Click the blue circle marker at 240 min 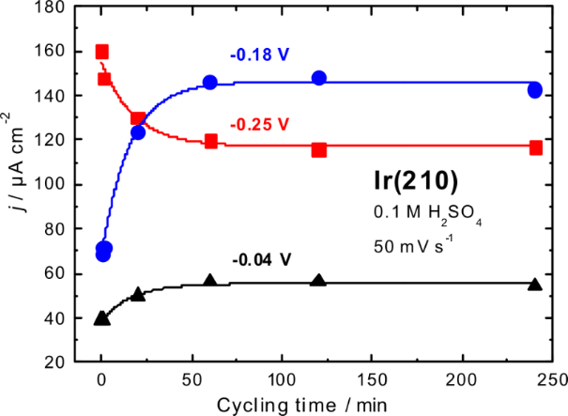[534, 90]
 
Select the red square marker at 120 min [319, 149]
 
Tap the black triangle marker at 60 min [210, 281]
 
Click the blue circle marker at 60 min [210, 83]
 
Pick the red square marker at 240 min [535, 147]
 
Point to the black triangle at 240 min [535, 285]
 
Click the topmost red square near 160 [102, 52]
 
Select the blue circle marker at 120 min [319, 78]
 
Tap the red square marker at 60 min [210, 141]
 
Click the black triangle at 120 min [319, 281]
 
